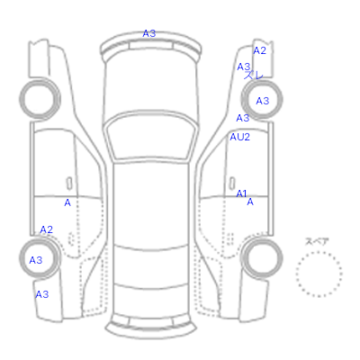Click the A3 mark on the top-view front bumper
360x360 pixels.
pyautogui.click(x=149, y=33)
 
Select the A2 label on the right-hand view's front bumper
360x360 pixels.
pyautogui.click(x=259, y=51)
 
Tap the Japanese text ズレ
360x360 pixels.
pyautogui.click(x=254, y=76)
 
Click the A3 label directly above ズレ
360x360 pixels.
pyautogui.click(x=243, y=67)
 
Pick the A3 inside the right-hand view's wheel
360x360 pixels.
pyautogui.click(x=263, y=101)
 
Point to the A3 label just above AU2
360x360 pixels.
pyautogui.click(x=243, y=118)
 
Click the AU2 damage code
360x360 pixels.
pyautogui.click(x=239, y=137)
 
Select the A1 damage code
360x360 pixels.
pyautogui.click(x=241, y=193)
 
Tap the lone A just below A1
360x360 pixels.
pyautogui.click(x=250, y=202)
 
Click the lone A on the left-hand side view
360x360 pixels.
pyautogui.click(x=67, y=203)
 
